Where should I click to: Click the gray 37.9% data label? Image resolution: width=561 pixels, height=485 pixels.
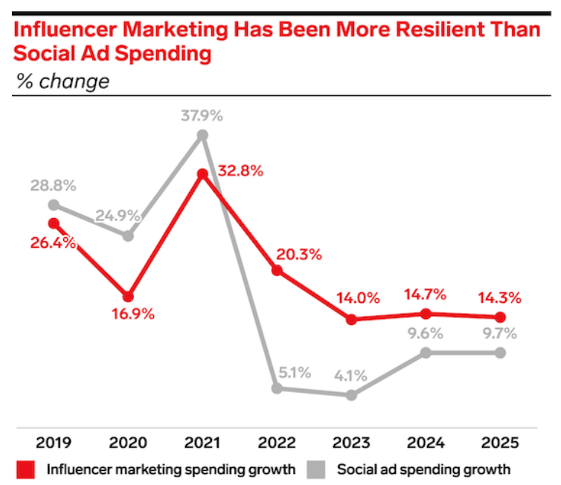[x=202, y=116]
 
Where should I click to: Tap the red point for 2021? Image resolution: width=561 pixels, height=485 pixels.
[x=202, y=174]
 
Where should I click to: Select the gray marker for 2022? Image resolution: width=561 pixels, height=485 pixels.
[x=278, y=388]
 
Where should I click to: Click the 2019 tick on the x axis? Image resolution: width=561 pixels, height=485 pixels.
[x=54, y=443]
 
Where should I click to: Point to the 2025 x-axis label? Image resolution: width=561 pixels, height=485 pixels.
[x=501, y=443]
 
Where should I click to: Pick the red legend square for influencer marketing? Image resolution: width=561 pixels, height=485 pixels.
[x=27, y=469]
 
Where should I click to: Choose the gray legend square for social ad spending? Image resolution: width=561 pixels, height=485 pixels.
[x=318, y=469]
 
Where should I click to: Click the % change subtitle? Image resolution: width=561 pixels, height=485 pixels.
[x=62, y=81]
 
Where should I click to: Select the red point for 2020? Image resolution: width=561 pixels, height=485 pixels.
[x=128, y=296]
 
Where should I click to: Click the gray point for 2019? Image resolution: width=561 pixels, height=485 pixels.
[x=54, y=205]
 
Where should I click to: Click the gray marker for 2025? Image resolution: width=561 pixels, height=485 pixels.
[x=501, y=352]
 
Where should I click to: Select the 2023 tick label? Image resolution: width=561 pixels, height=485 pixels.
[x=352, y=443]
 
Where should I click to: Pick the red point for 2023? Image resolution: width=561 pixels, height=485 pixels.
[x=352, y=319]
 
